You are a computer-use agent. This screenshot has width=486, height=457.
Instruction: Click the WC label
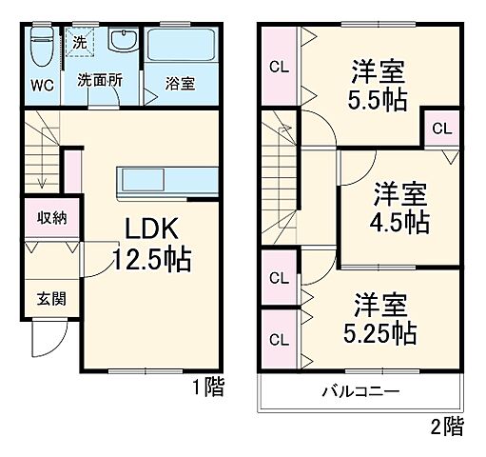[x=40, y=84]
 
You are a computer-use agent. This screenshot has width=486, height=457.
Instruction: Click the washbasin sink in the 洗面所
[x=123, y=42]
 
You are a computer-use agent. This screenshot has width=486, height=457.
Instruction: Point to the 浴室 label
[x=182, y=84]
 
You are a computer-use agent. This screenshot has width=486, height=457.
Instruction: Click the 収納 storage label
[x=51, y=217]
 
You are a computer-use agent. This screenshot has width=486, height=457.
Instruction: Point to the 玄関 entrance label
[x=52, y=299]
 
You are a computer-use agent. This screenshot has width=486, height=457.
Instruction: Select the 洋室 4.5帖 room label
[x=399, y=208]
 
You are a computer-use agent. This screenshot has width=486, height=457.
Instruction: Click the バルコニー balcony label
[x=360, y=392]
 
